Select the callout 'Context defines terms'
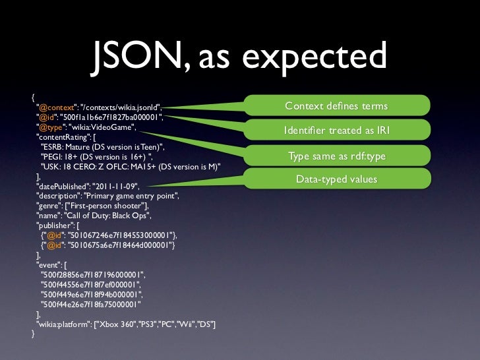(336, 107)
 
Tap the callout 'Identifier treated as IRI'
(336, 131)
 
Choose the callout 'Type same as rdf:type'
(336, 156)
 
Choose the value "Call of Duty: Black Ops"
(107, 216)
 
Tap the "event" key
(48, 264)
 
